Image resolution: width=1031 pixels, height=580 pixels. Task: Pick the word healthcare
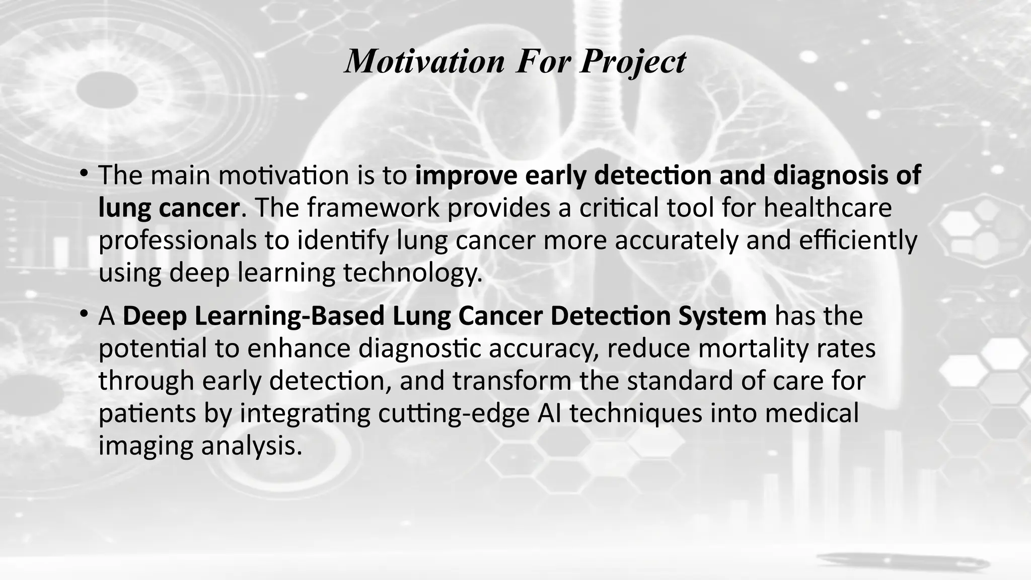coord(828,208)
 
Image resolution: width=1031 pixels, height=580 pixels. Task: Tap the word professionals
coord(178,241)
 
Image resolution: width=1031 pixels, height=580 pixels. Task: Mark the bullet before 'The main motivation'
coord(84,174)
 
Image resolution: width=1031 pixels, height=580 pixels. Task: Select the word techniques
coord(636,413)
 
